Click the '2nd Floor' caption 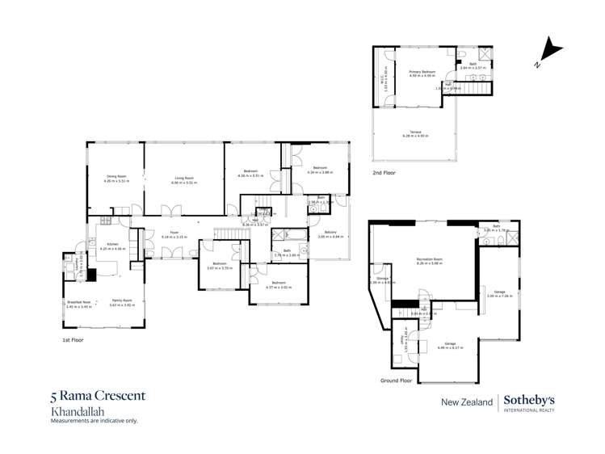384,173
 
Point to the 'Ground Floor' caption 396,380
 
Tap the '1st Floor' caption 74,340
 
